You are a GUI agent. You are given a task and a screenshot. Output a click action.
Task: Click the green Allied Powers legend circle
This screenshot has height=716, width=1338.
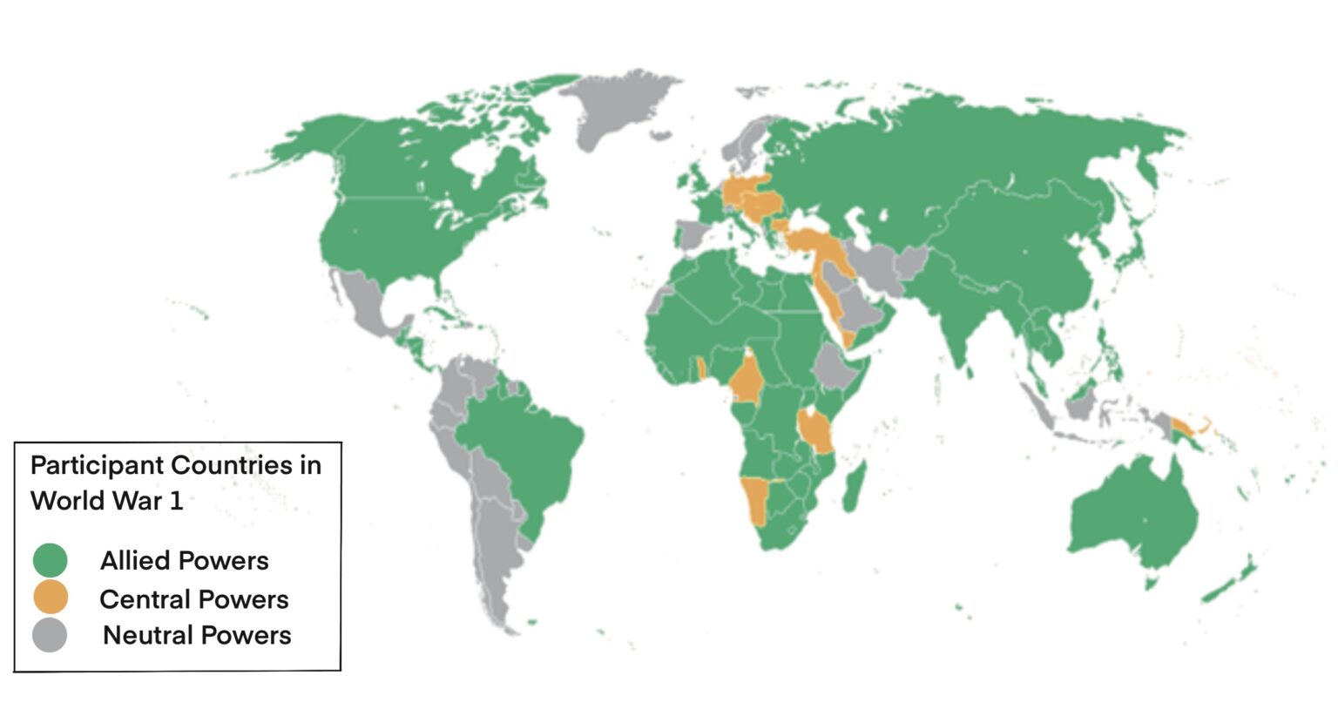tap(50, 560)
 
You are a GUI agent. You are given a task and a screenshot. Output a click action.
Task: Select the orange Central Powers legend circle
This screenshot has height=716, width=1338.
tap(50, 598)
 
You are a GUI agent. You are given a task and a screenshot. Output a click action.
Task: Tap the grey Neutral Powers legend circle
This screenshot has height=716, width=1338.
tap(50, 635)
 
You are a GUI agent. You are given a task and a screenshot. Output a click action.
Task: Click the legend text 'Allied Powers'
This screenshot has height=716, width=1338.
tap(184, 560)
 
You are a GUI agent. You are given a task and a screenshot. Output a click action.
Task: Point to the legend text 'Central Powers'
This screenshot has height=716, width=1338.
tap(193, 599)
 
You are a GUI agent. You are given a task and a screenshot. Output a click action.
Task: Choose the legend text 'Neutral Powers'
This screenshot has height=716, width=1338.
tap(197, 635)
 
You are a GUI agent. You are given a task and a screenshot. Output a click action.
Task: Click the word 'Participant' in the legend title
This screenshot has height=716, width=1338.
tap(98, 465)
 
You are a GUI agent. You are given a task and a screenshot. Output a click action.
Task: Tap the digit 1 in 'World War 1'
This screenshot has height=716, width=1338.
tap(176, 501)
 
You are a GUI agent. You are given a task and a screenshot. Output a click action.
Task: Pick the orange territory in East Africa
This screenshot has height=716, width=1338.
tap(816, 429)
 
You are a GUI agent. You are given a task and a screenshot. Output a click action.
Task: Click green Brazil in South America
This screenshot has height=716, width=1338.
tap(523, 453)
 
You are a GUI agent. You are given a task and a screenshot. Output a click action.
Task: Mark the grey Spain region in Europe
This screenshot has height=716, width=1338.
tap(693, 233)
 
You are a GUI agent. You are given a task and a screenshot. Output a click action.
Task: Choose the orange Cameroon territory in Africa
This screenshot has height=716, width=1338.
tap(747, 379)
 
